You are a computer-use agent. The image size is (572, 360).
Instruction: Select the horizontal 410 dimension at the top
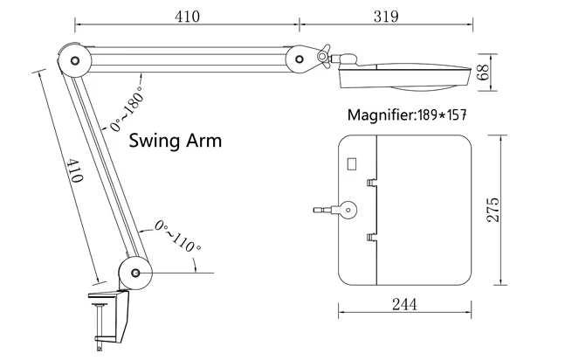click(x=188, y=16)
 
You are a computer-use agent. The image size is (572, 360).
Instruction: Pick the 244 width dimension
click(x=403, y=304)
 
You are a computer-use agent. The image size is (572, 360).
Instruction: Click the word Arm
click(x=204, y=140)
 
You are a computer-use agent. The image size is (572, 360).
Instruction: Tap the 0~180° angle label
click(x=124, y=113)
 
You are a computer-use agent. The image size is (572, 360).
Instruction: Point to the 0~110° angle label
click(x=178, y=237)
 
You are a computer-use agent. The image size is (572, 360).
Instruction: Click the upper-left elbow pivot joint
click(x=73, y=60)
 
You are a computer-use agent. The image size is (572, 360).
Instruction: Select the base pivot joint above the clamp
click(x=135, y=273)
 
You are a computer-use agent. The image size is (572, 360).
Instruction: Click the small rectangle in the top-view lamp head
click(x=353, y=163)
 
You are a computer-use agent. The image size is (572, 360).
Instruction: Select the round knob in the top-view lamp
click(x=348, y=210)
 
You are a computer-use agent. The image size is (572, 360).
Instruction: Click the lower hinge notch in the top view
click(x=370, y=237)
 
